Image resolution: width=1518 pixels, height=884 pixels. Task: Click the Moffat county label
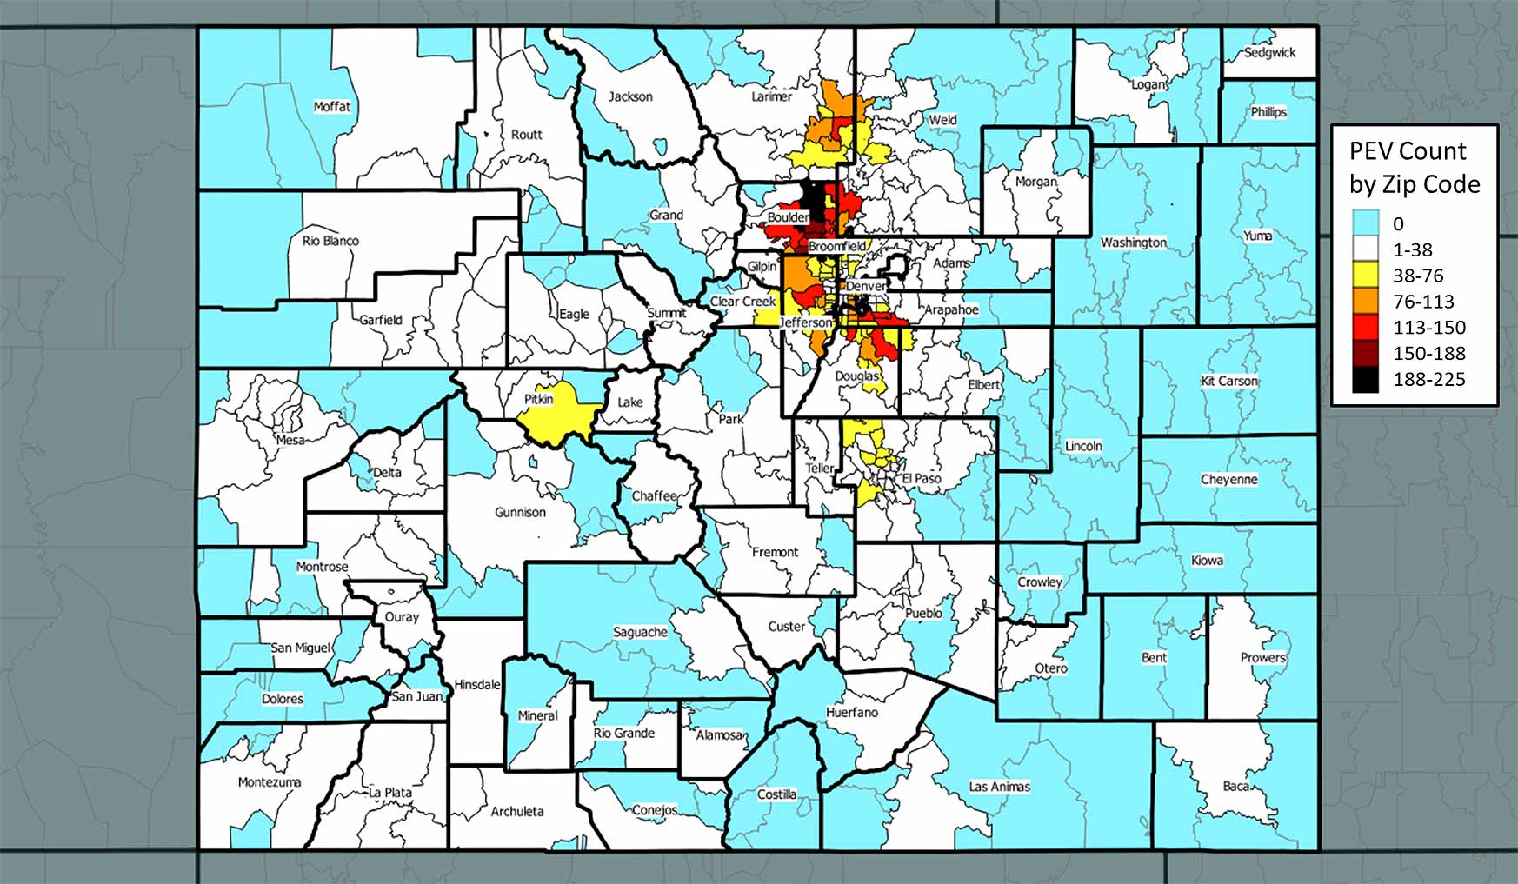[332, 106]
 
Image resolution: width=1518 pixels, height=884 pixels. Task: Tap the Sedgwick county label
[1269, 52]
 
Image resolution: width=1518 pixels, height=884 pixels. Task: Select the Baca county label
[1236, 786]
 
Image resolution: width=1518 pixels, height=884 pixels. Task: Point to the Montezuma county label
[270, 781]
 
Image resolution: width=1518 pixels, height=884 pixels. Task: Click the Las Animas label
[1000, 786]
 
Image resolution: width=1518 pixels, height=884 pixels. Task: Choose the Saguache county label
[641, 632]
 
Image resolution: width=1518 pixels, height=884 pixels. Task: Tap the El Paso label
[922, 478]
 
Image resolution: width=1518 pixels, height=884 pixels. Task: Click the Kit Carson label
[1229, 381]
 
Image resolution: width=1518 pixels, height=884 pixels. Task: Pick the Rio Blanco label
[330, 240]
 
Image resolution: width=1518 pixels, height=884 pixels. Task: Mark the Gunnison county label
[520, 512]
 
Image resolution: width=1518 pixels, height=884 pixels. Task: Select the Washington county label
[1134, 242]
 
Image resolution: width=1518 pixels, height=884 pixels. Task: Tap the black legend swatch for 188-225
[1365, 380]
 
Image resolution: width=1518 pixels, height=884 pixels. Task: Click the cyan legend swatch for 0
[1365, 223]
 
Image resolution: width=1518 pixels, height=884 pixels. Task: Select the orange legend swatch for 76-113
[1365, 302]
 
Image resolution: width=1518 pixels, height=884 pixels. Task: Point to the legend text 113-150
[1429, 328]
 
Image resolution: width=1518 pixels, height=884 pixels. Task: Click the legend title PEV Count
[1408, 151]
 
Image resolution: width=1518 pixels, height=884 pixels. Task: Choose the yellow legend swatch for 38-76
[1365, 276]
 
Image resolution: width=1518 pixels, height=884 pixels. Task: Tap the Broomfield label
[837, 246]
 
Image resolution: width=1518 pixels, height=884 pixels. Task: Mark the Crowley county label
[1040, 582]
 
